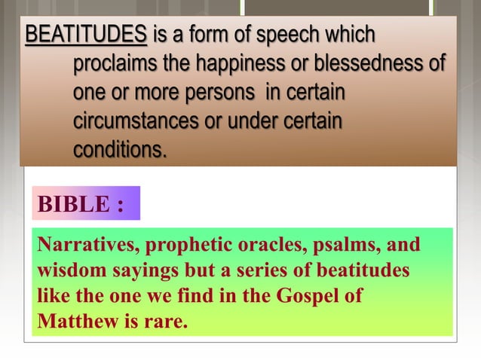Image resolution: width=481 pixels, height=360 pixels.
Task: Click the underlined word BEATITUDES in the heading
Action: (x=86, y=35)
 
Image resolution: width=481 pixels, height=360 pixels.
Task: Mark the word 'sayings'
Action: (x=145, y=270)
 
